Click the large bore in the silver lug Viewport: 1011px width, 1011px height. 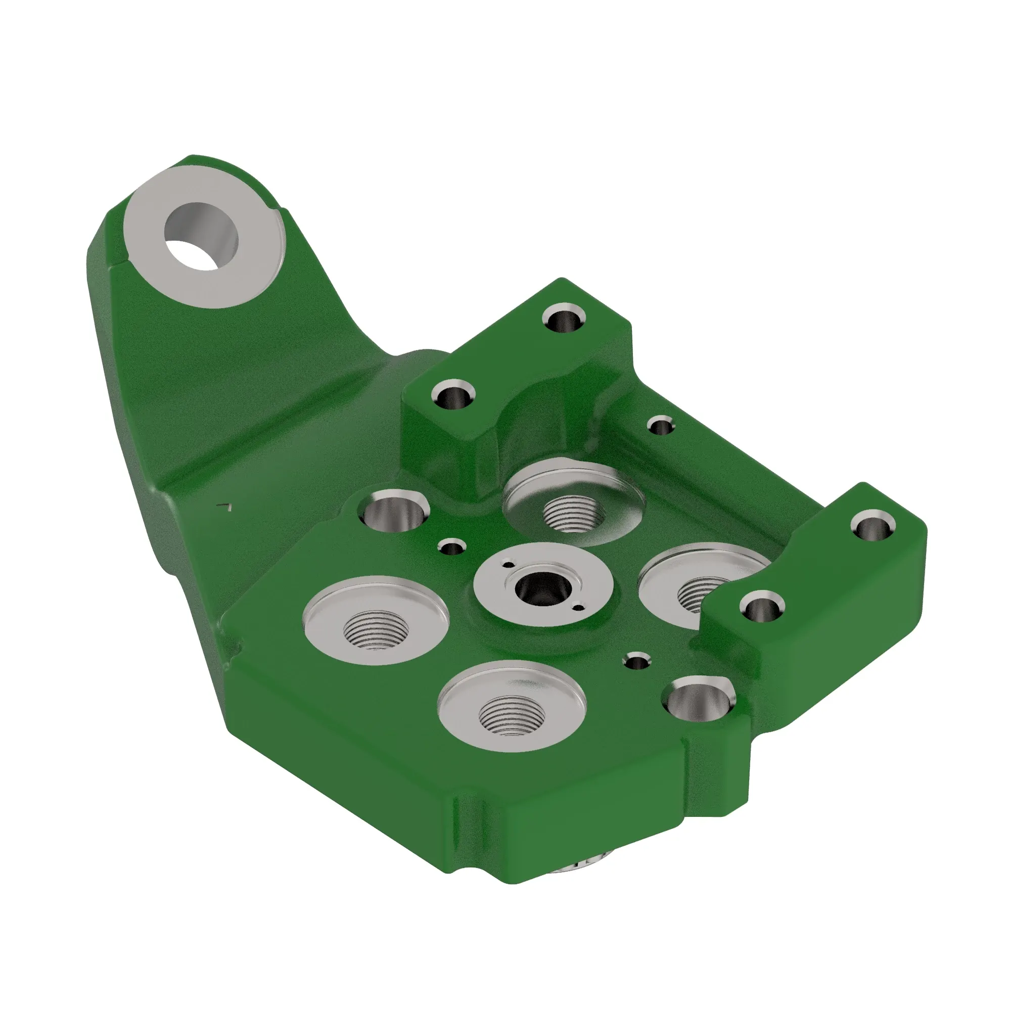pyautogui.click(x=202, y=237)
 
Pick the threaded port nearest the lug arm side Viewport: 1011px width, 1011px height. pyautogui.click(x=376, y=630)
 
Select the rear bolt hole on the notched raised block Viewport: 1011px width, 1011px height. pyautogui.click(x=564, y=319)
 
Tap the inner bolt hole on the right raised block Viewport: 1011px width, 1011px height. pyautogui.click(x=761, y=608)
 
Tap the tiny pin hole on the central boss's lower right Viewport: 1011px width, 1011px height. pyautogui.click(x=578, y=608)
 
